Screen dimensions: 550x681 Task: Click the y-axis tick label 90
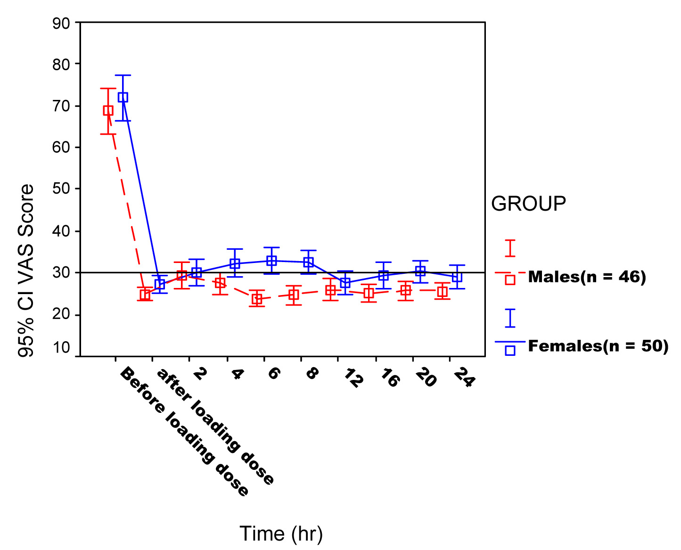click(x=60, y=23)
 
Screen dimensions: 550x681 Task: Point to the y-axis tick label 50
click(x=60, y=189)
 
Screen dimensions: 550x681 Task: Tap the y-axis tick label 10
click(x=61, y=348)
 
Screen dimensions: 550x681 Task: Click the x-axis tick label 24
click(x=463, y=378)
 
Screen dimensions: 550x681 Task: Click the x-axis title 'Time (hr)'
click(x=281, y=534)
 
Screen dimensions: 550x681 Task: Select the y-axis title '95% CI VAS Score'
click(x=26, y=271)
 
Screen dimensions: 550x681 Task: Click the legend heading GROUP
click(x=528, y=204)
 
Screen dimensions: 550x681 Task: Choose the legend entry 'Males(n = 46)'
click(x=587, y=277)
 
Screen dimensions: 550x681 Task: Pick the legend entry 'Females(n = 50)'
click(x=598, y=346)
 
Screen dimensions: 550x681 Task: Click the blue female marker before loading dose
click(x=123, y=98)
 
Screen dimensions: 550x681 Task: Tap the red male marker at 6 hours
click(x=257, y=299)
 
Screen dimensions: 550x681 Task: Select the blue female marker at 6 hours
click(x=271, y=261)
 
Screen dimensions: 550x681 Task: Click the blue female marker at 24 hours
click(x=457, y=277)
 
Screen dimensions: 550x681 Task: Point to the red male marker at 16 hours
click(x=369, y=293)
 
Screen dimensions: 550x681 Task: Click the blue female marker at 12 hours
click(x=345, y=283)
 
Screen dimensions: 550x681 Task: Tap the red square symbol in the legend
click(x=510, y=280)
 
